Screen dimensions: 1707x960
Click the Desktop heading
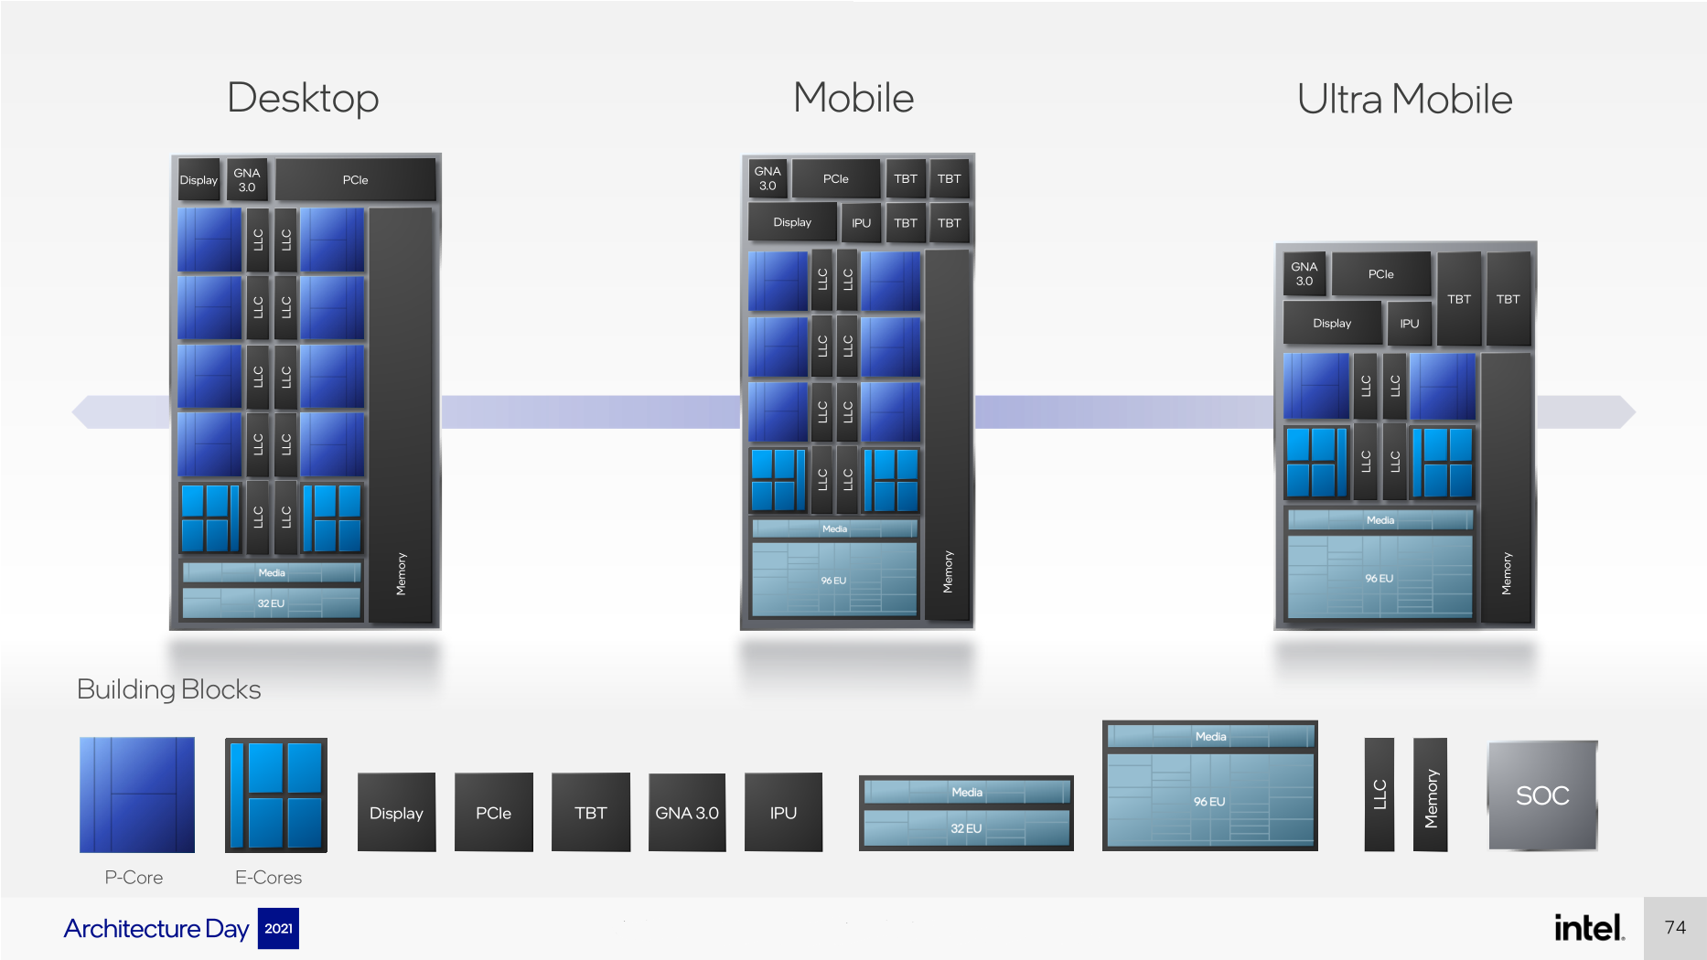point(303,98)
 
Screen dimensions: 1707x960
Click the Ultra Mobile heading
point(1404,99)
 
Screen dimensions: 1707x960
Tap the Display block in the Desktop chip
point(199,180)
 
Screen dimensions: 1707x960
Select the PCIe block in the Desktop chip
point(355,180)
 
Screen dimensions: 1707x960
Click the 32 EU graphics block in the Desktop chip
point(272,603)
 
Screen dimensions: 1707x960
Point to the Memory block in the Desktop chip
point(401,416)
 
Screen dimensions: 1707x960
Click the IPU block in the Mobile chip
point(861,223)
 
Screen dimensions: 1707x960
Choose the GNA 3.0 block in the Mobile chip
point(768,178)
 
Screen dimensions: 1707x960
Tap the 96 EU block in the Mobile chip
point(833,580)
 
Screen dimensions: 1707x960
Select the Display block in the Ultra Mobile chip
point(1332,324)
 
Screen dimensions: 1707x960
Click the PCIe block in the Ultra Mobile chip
point(1381,274)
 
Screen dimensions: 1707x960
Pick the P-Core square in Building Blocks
point(137,795)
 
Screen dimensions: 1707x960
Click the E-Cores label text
point(268,878)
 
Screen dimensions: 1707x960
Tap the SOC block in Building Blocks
point(1542,795)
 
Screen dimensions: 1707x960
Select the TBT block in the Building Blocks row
point(591,813)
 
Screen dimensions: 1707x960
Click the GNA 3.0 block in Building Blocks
point(687,813)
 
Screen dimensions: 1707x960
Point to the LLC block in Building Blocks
point(1380,795)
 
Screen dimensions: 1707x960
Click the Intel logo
point(1590,928)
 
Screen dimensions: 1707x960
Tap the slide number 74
point(1675,928)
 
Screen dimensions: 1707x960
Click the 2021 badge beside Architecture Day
point(278,929)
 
